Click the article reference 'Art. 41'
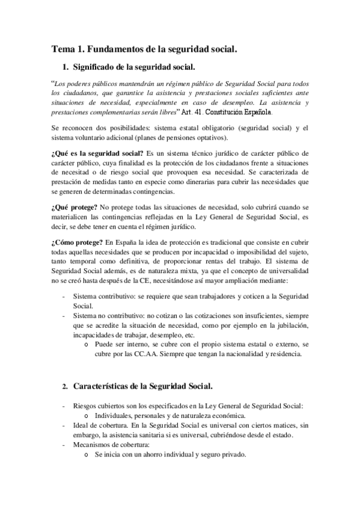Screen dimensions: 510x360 click(201, 111)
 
